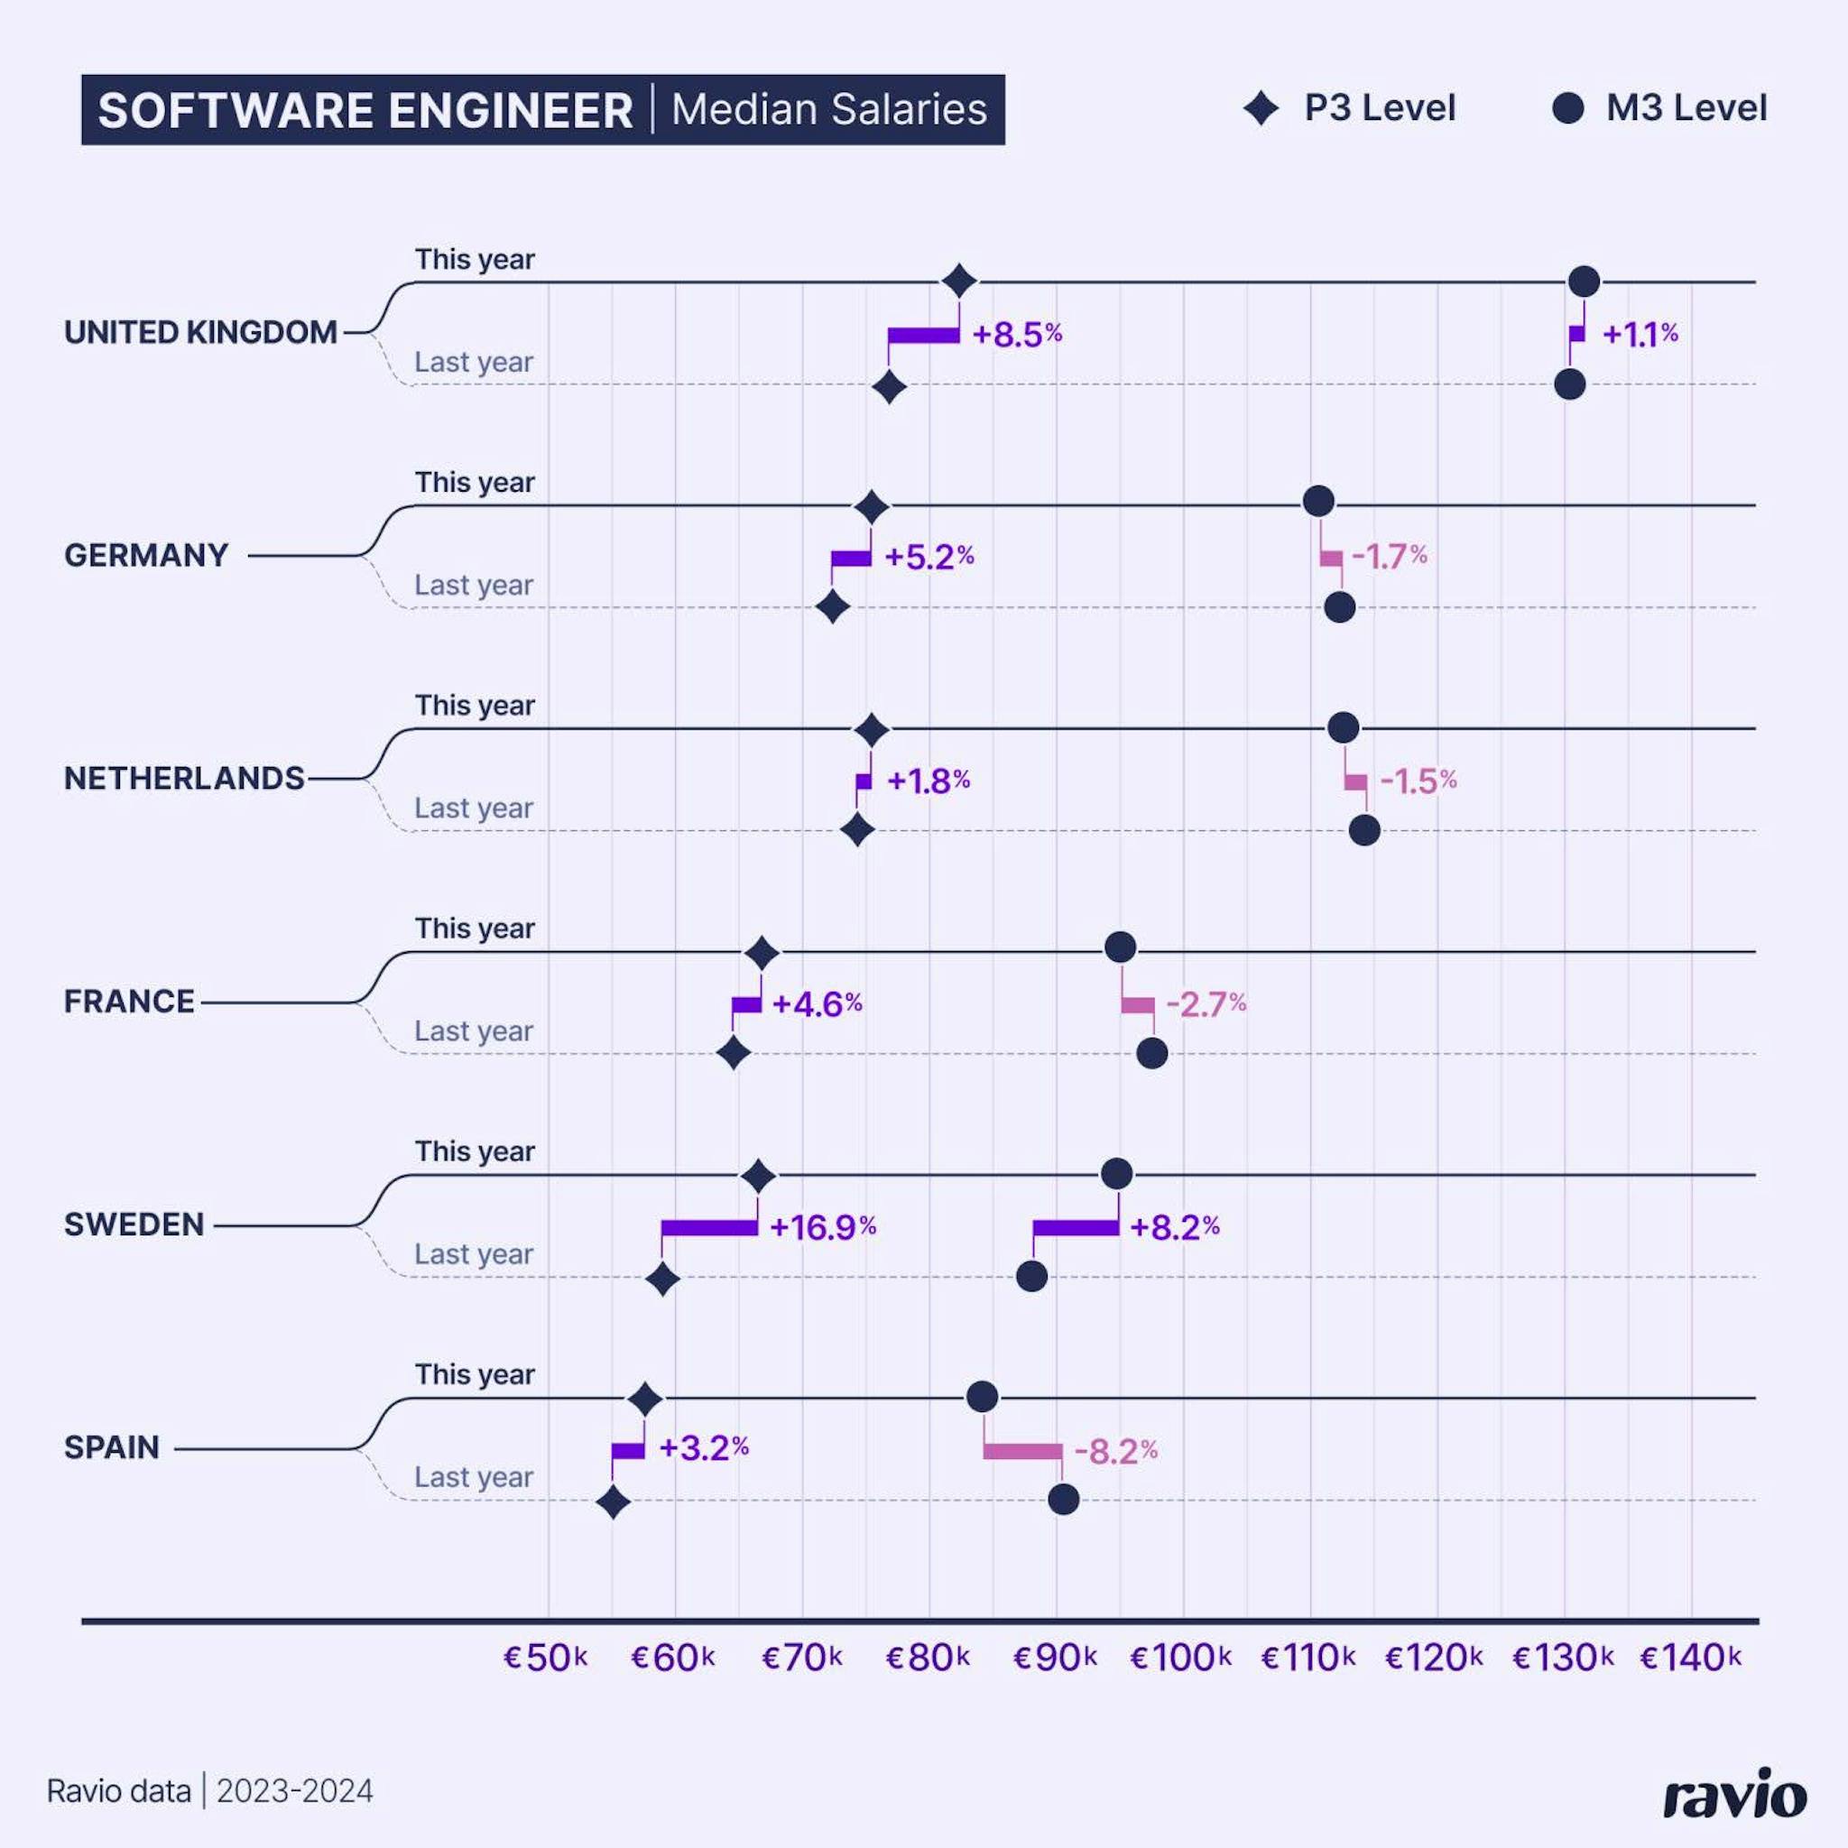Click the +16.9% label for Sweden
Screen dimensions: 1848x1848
tap(823, 1227)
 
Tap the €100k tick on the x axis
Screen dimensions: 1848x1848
tap(1180, 1658)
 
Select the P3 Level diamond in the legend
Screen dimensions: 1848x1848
tap(1261, 108)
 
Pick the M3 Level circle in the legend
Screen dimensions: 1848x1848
tap(1567, 108)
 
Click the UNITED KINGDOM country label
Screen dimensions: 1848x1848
tap(201, 332)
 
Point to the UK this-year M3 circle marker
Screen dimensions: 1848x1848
tap(1584, 282)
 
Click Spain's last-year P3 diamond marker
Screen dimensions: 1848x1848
tap(613, 1502)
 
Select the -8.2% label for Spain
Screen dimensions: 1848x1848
tap(1115, 1452)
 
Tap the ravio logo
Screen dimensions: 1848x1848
tap(1734, 1791)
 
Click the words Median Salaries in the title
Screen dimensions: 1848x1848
tap(828, 109)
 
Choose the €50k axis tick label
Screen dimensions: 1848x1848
tap(545, 1658)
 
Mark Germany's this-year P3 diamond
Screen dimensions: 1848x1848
tap(872, 507)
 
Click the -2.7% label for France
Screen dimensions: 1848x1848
tap(1206, 1004)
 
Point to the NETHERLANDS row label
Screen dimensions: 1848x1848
tap(185, 779)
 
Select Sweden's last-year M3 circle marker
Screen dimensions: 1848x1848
tap(1031, 1276)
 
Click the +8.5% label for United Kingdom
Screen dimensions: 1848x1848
tap(1017, 335)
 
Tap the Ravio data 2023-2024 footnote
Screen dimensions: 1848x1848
tap(210, 1790)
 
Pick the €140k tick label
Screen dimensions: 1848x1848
tap(1690, 1658)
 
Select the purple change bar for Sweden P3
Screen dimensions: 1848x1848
tap(708, 1227)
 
